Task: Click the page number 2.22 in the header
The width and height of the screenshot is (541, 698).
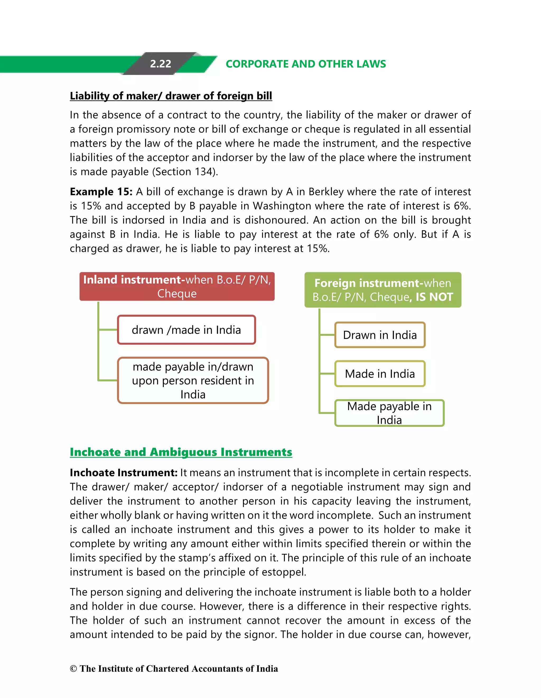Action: (x=160, y=64)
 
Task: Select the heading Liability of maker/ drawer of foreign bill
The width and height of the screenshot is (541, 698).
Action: (x=171, y=96)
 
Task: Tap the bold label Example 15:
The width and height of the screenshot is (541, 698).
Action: (x=101, y=192)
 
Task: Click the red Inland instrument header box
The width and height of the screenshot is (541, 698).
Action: (x=177, y=286)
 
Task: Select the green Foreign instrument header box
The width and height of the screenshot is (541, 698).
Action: (x=383, y=290)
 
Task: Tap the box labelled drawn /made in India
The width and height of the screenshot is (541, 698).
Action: (x=186, y=330)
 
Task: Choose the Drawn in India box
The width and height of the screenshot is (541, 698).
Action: (x=380, y=335)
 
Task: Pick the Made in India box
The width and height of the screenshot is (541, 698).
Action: (x=380, y=374)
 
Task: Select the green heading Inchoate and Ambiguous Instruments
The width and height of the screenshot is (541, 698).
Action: (x=181, y=452)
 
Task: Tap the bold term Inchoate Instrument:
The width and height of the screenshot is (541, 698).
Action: (x=123, y=473)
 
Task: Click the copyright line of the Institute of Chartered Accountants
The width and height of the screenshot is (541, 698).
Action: (x=174, y=669)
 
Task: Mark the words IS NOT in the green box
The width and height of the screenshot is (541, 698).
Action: (x=434, y=297)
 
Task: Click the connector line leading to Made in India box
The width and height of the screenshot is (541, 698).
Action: (x=327, y=373)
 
